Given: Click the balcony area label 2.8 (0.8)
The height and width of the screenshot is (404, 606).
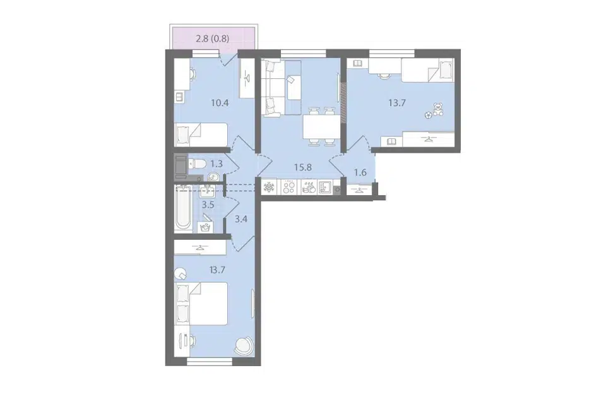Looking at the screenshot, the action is [x=213, y=39].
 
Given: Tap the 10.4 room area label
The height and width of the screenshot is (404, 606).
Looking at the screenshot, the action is [x=220, y=104].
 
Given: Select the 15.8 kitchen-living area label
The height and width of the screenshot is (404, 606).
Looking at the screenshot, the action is [x=302, y=167].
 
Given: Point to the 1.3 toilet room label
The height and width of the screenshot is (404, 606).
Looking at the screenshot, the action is [x=217, y=164].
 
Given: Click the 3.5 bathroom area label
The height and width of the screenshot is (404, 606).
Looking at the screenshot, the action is [x=208, y=205].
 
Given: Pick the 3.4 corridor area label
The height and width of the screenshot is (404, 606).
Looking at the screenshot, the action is [x=241, y=219].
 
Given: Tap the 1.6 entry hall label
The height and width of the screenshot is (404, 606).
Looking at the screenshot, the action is [x=360, y=173].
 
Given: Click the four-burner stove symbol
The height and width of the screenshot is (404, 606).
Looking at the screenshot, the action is [x=288, y=187].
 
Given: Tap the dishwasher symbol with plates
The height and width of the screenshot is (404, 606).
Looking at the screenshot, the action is [x=309, y=187].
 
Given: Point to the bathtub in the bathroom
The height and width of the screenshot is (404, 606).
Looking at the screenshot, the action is [x=183, y=209].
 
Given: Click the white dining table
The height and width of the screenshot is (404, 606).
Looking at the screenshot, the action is [x=321, y=127].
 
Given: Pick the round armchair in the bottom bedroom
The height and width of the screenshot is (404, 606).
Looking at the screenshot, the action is [x=245, y=345].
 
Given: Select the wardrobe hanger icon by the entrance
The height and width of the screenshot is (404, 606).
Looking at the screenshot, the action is [x=360, y=189].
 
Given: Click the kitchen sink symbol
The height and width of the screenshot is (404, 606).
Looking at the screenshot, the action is [x=324, y=187].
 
